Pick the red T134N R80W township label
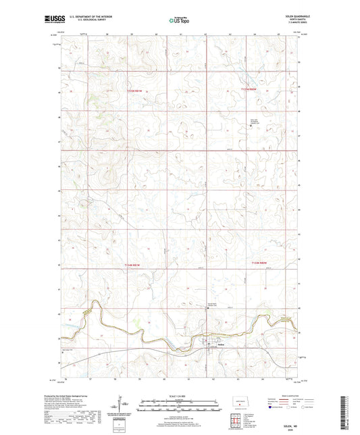(260, 262)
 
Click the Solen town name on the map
(221, 345)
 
